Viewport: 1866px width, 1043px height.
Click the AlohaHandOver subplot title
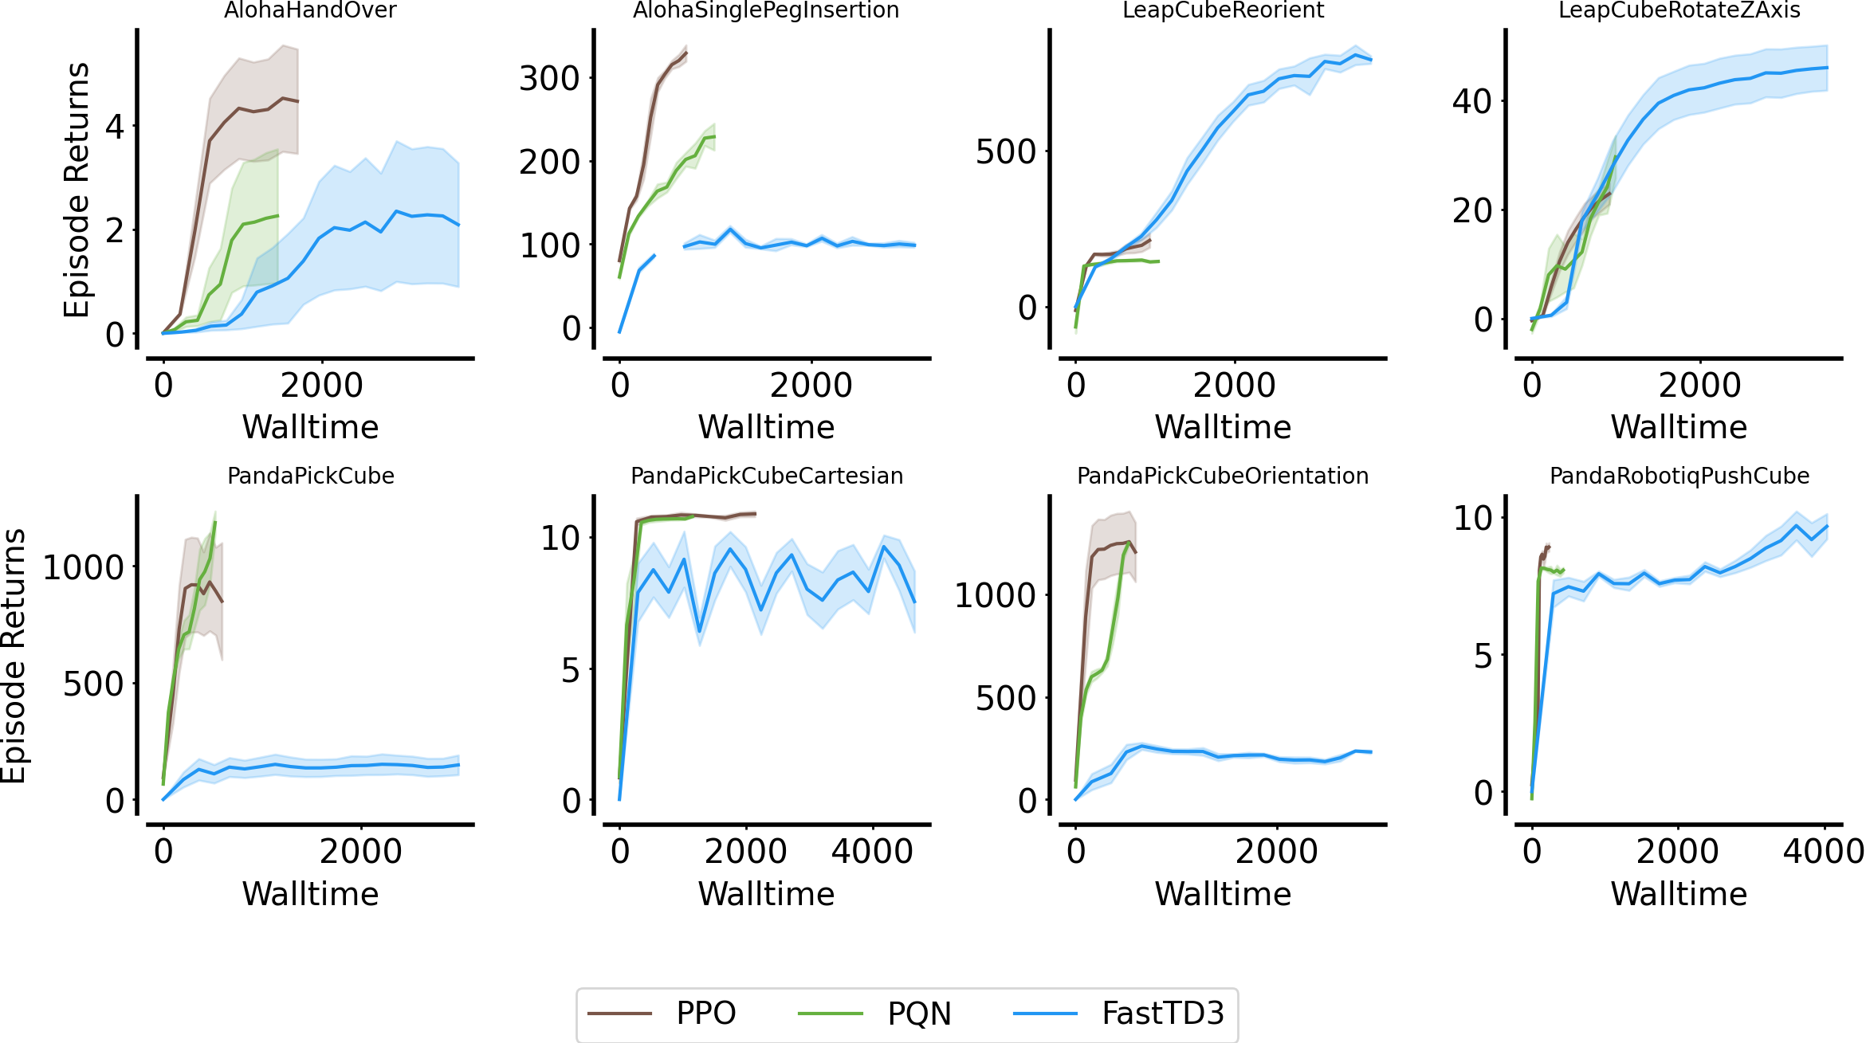click(x=310, y=10)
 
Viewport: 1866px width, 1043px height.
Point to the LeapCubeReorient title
click(x=1223, y=10)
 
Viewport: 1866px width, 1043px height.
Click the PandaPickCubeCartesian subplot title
click(x=767, y=476)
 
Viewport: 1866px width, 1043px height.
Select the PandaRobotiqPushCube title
click(x=1679, y=476)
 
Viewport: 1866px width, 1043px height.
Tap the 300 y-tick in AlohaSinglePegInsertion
click(x=549, y=79)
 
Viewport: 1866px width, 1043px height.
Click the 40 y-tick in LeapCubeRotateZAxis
click(x=1471, y=102)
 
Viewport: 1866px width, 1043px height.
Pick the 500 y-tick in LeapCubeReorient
click(x=1006, y=152)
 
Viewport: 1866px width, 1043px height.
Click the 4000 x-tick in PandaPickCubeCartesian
click(x=872, y=852)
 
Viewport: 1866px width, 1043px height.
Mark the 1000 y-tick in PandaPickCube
click(x=84, y=568)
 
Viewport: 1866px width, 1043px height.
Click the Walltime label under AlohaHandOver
click(x=310, y=427)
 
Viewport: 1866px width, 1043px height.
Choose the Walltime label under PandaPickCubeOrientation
click(x=1223, y=894)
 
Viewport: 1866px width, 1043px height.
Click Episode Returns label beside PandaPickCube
click(x=14, y=656)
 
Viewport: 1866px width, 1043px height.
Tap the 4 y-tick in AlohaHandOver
click(x=115, y=127)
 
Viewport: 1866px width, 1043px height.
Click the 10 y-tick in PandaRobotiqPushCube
click(x=1473, y=519)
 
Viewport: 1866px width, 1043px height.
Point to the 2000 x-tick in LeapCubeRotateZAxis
click(x=1699, y=386)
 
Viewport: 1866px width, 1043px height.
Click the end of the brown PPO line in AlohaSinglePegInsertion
click(x=686, y=53)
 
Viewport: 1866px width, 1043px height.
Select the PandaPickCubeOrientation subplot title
click(x=1223, y=476)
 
